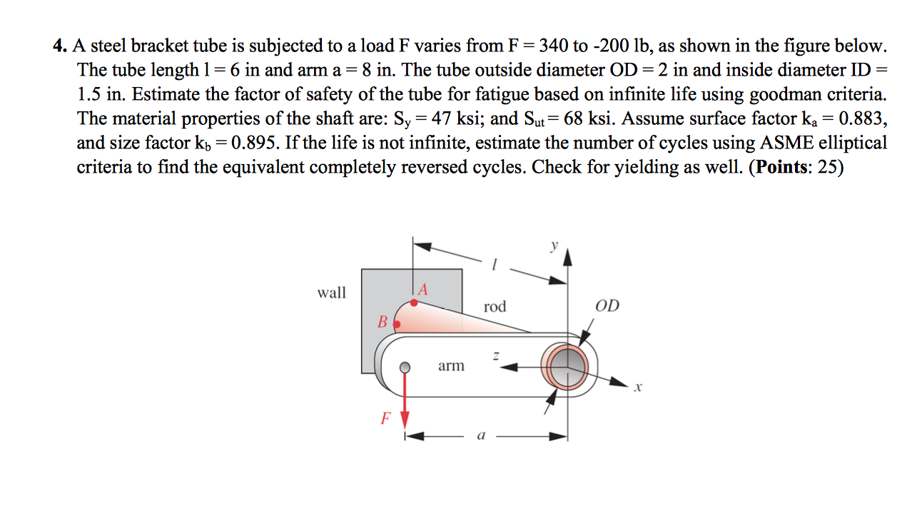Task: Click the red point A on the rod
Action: coord(413,303)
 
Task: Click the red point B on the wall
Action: coord(397,324)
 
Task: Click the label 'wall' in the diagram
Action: coord(332,293)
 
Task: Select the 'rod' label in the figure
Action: coord(495,307)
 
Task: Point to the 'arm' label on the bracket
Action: coord(451,366)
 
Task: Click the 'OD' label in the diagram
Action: coord(607,306)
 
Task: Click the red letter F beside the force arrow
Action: coord(385,419)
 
